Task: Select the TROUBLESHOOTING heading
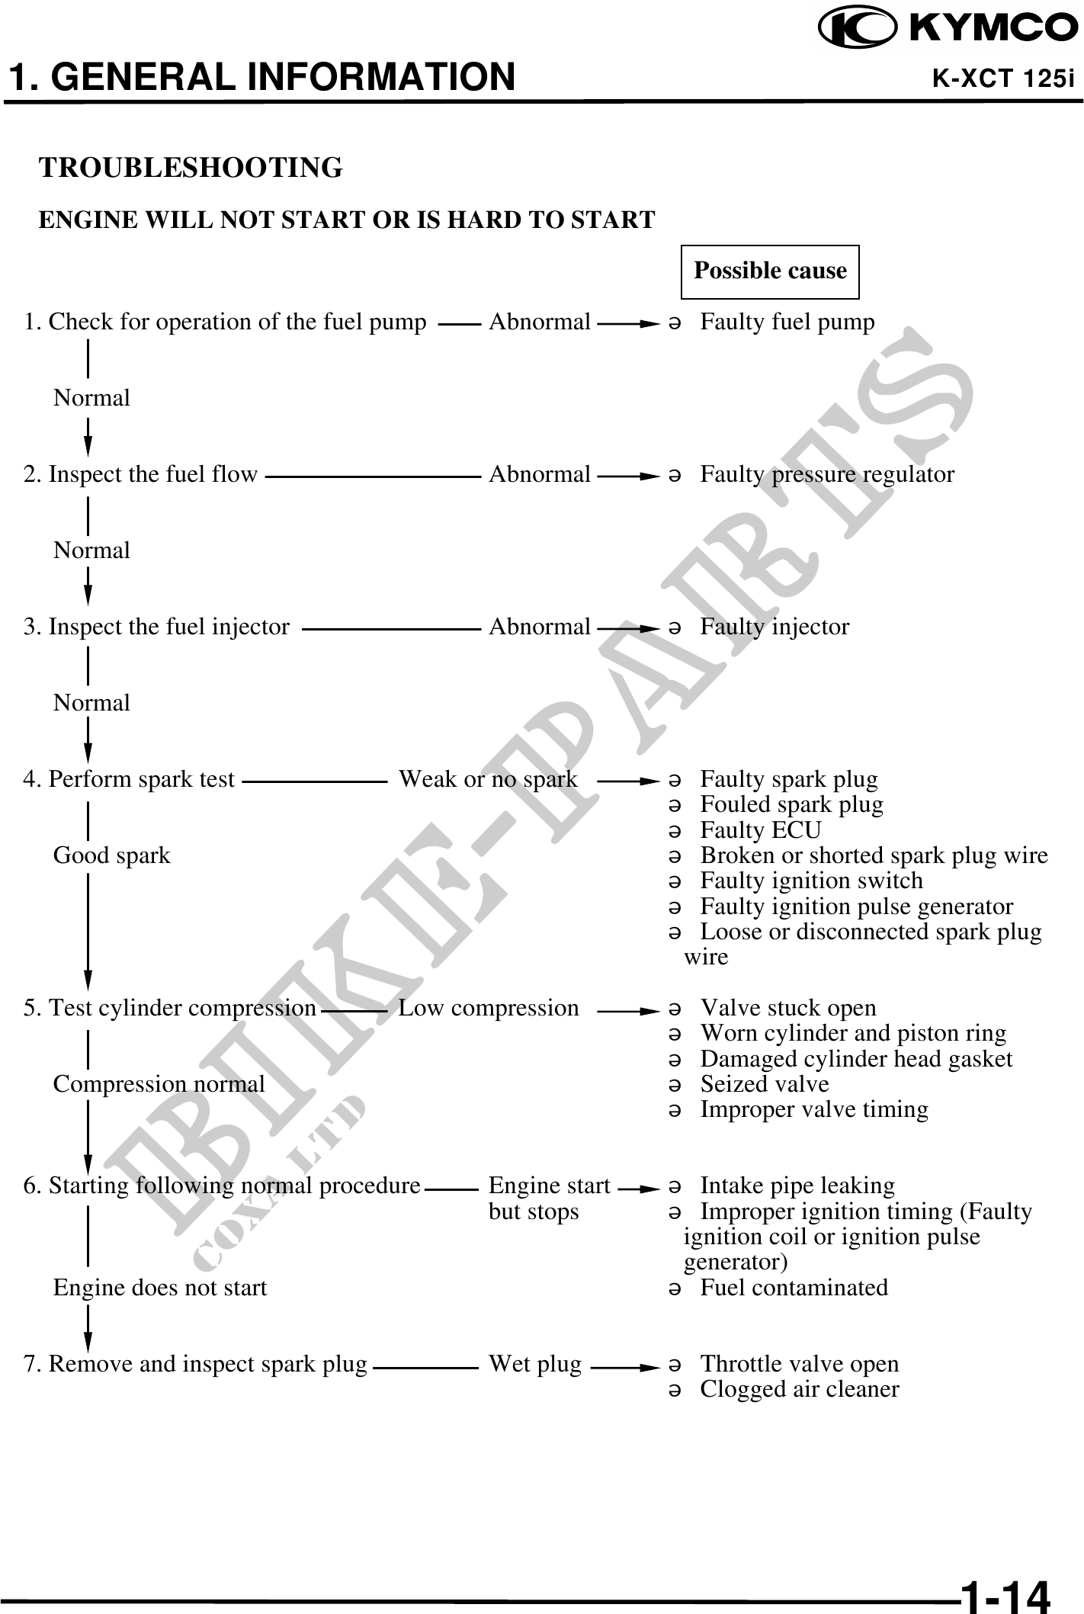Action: pos(191,167)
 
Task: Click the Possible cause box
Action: pos(769,271)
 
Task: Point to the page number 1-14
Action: pos(1005,1592)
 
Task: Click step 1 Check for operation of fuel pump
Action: pos(225,322)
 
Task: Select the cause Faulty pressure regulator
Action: pos(826,475)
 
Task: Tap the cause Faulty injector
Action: pos(774,627)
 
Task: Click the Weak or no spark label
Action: pos(488,780)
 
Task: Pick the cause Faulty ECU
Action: pos(760,830)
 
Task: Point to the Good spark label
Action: pos(111,856)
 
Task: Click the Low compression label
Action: pos(488,1009)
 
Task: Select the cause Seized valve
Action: pos(764,1084)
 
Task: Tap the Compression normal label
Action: pos(159,1084)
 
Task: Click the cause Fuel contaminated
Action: pos(794,1288)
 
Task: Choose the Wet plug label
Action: pos(534,1364)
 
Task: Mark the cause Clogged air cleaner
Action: pos(799,1389)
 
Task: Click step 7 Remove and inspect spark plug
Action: pos(195,1364)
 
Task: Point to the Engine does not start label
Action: pos(160,1288)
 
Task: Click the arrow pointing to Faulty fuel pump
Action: pos(627,324)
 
